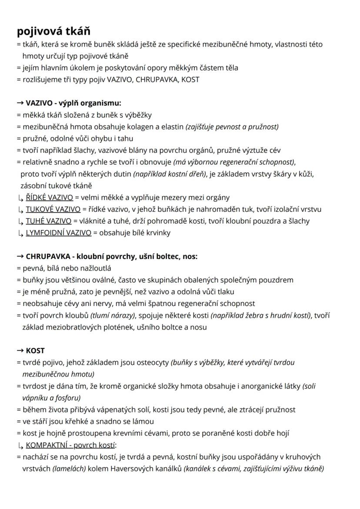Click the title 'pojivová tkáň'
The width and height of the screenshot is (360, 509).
pyautogui.click(x=53, y=31)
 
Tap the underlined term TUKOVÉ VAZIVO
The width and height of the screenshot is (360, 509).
pyautogui.click(x=53, y=209)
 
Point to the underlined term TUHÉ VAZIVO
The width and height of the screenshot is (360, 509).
pyautogui.click(x=48, y=221)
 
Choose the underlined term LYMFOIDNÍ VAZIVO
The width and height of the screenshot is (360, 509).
pyautogui.click(x=59, y=233)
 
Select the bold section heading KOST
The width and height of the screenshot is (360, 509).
pyautogui.click(x=35, y=351)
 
